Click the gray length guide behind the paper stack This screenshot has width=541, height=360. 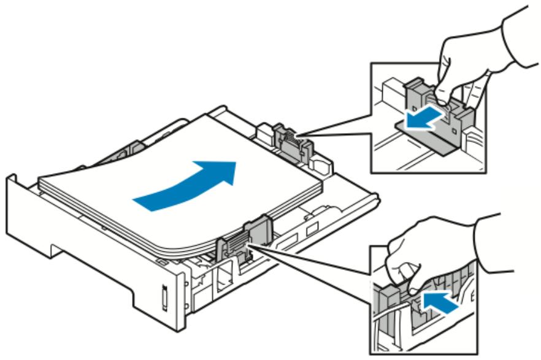point(288,137)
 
